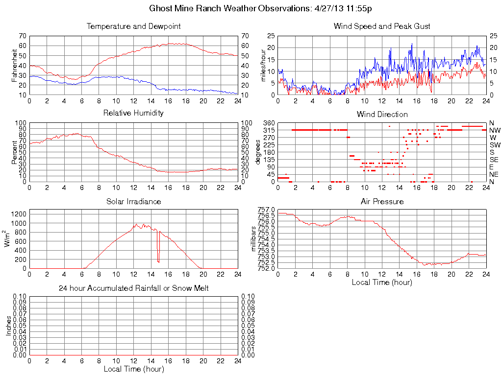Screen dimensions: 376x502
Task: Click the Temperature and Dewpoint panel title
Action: pos(134,26)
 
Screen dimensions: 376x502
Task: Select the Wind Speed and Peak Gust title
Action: pos(382,26)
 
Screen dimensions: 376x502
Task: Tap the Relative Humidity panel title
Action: pos(134,113)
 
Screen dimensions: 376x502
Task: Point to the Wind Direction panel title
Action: pos(382,115)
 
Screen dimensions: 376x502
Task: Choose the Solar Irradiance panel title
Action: pos(134,201)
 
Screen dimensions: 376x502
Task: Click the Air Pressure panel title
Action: pos(382,201)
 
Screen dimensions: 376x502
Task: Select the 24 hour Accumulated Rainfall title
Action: pos(134,288)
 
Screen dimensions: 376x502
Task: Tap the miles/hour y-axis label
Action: pos(263,65)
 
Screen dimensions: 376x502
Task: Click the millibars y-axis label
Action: pos(254,238)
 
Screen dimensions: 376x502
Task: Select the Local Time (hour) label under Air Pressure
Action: pos(382,282)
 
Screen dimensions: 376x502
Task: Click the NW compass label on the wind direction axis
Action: pos(495,130)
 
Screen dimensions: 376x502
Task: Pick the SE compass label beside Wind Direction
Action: pos(494,160)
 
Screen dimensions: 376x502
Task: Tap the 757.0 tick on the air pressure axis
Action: pos(266,210)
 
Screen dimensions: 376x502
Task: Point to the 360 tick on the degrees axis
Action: pos(269,122)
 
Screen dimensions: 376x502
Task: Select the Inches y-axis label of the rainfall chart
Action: pos(8,326)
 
